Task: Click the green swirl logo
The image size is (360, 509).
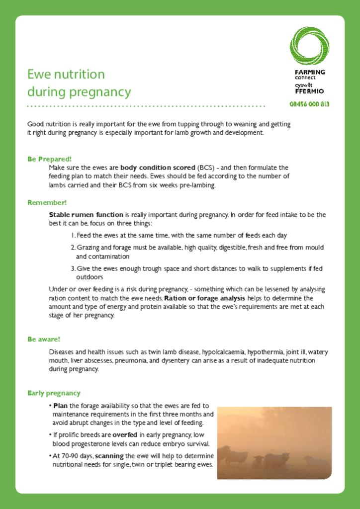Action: click(x=309, y=46)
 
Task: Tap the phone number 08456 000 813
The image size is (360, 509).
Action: click(x=309, y=104)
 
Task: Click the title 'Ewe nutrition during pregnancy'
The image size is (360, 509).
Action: click(x=79, y=83)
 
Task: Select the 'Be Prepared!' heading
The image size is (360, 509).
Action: click(x=49, y=159)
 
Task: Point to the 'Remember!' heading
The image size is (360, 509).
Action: click(x=47, y=203)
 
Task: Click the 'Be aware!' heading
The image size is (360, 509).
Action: click(x=43, y=339)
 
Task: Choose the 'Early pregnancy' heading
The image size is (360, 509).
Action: click(x=54, y=393)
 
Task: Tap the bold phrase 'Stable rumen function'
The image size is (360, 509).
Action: click(x=86, y=215)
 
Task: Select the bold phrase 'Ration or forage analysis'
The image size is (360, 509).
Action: click(x=204, y=298)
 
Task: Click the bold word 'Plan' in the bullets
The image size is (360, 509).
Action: click(x=60, y=406)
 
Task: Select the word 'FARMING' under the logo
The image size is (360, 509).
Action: click(x=310, y=72)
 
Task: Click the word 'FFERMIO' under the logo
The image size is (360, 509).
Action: click(x=309, y=91)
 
